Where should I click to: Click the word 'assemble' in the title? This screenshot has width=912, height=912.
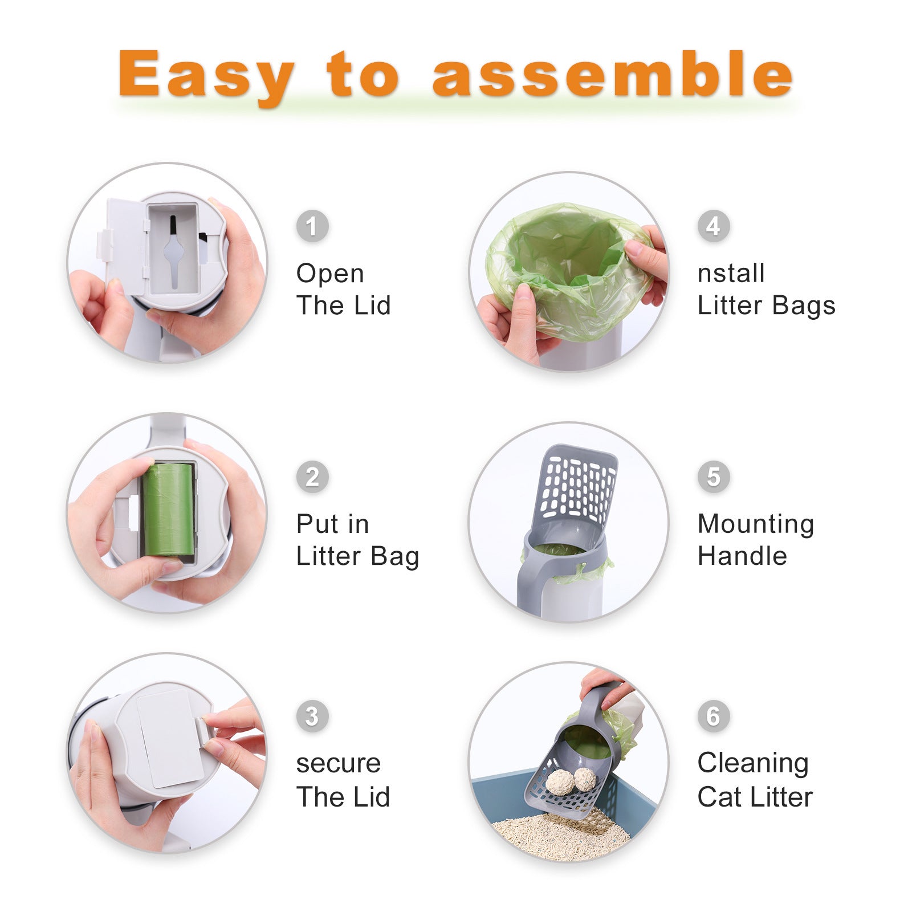(x=612, y=74)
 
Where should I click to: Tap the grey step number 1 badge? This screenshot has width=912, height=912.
(x=312, y=226)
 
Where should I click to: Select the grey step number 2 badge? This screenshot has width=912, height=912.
(x=312, y=477)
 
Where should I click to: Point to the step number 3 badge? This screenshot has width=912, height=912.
(x=312, y=716)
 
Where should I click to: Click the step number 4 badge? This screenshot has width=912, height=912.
(x=714, y=226)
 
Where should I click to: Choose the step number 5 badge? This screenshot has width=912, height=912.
(x=714, y=477)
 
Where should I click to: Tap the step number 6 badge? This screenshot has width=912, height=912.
(x=714, y=716)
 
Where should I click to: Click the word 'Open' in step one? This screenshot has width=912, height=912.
(x=330, y=274)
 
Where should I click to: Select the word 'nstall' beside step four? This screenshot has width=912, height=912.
(x=731, y=273)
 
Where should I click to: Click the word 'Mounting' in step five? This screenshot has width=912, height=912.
(x=756, y=524)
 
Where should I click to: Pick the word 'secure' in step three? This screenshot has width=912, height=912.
(x=338, y=764)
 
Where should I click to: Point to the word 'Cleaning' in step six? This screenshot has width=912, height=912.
(x=753, y=764)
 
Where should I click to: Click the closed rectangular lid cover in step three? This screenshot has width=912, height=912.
(x=170, y=739)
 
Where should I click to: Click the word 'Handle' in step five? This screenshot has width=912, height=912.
(x=742, y=556)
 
